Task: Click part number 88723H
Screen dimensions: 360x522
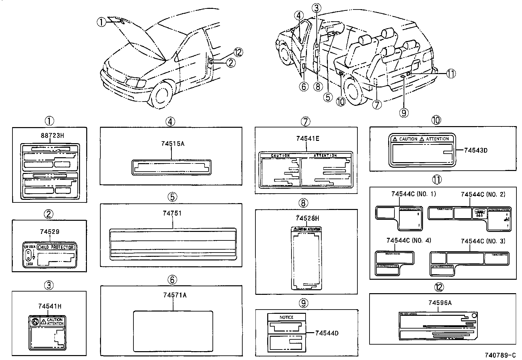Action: click(50, 135)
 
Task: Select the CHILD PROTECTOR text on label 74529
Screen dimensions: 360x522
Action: click(56, 247)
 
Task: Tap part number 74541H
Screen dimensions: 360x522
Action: click(50, 307)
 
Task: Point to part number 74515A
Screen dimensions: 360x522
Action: click(173, 144)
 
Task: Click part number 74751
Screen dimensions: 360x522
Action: click(172, 213)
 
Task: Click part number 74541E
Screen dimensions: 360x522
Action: click(307, 139)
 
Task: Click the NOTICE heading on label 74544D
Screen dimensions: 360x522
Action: click(286, 317)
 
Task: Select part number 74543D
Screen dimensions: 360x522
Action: click(476, 150)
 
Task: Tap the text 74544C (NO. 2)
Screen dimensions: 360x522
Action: click(483, 194)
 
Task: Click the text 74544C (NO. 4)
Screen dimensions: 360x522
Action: click(409, 240)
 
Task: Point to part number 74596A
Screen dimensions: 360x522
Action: click(440, 303)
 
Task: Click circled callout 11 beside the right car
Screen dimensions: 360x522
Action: click(451, 74)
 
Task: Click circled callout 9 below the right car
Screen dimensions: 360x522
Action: click(404, 113)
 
